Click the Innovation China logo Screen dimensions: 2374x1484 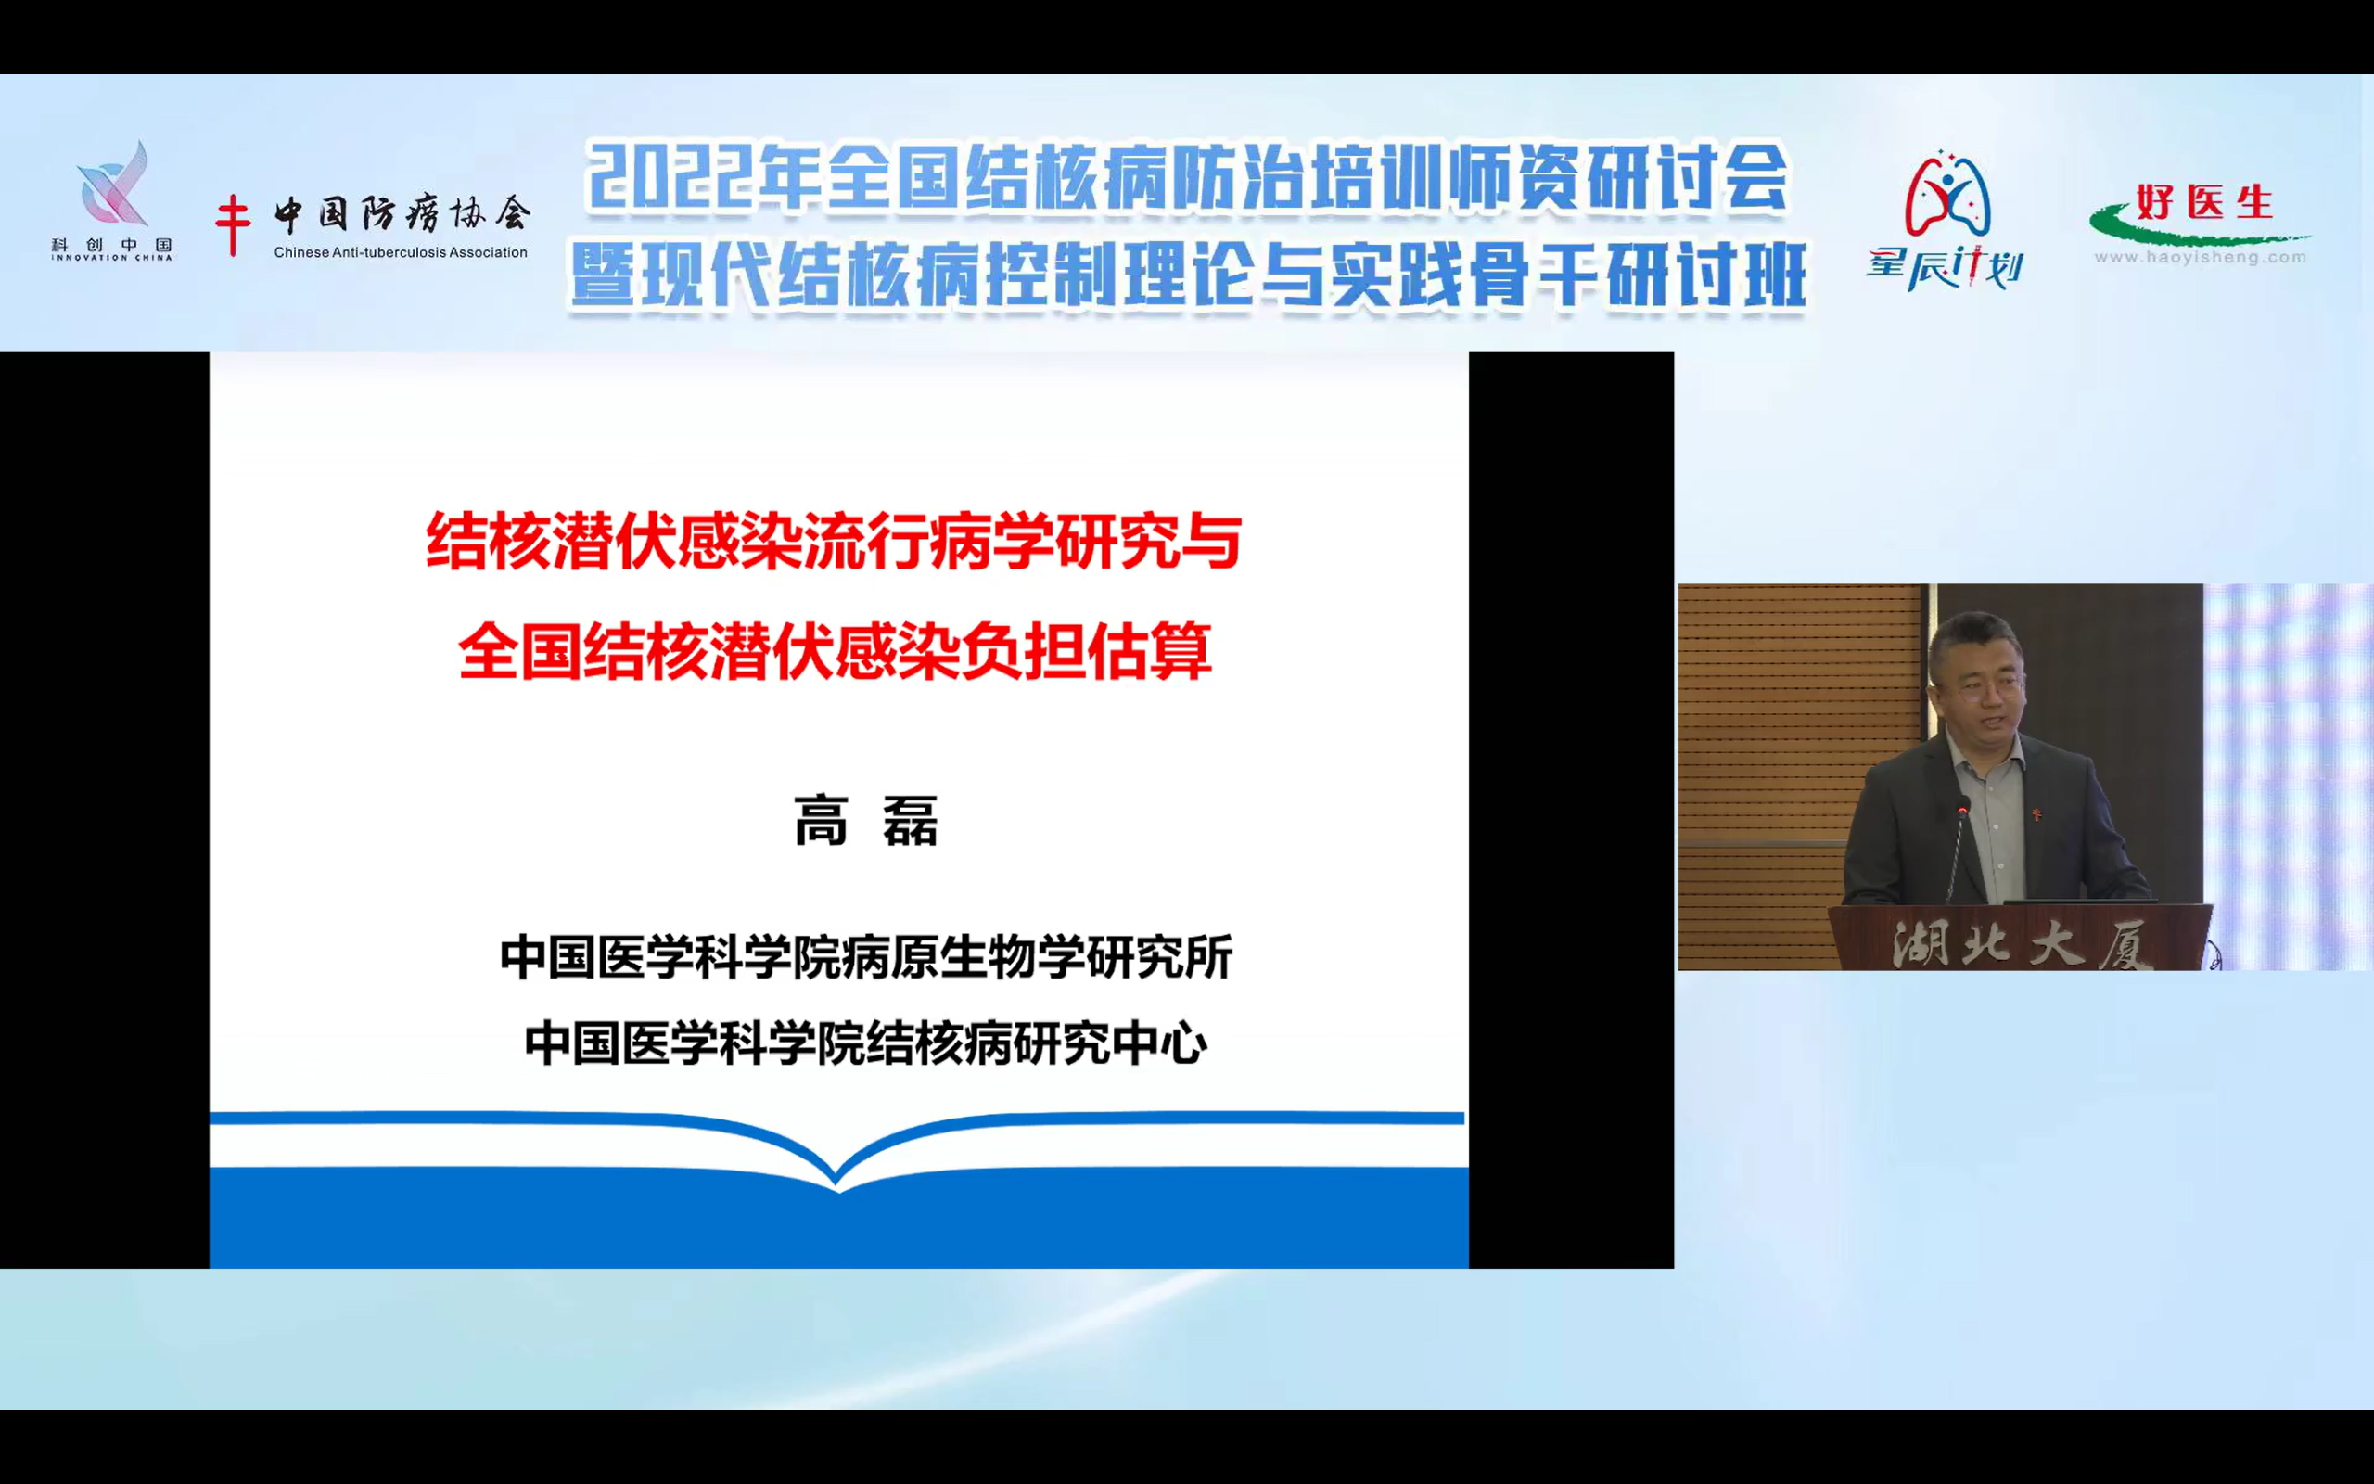point(112,200)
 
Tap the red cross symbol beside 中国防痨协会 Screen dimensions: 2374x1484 point(233,224)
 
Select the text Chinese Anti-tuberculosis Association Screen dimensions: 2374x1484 point(401,252)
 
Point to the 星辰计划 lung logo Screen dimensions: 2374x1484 point(1945,221)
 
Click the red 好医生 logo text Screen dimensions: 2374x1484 point(2204,202)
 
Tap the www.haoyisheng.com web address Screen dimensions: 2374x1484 point(2201,257)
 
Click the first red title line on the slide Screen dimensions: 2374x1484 point(834,541)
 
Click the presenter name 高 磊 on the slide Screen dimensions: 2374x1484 point(865,821)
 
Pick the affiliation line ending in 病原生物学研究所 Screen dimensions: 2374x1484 point(865,957)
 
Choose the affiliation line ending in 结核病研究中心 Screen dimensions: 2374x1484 point(865,1043)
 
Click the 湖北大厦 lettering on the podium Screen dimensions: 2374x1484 point(2021,944)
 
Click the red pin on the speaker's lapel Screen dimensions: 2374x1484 point(2037,812)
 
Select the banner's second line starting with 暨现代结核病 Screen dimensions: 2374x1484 point(1188,275)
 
